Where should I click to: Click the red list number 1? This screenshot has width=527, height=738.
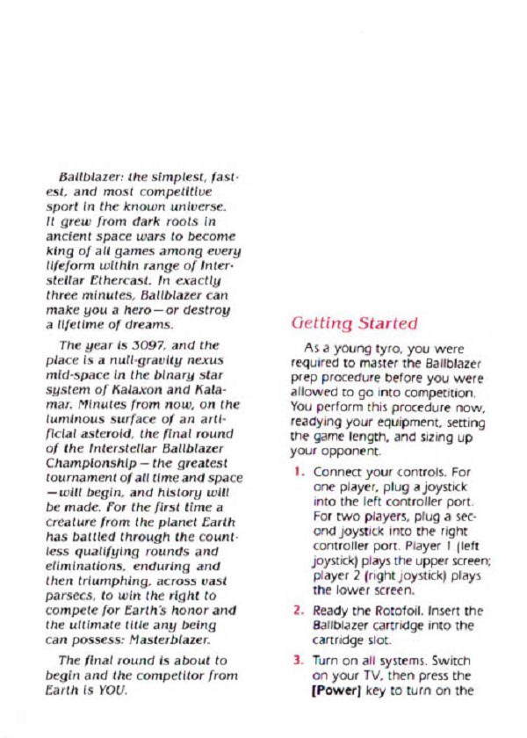tap(298, 472)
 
